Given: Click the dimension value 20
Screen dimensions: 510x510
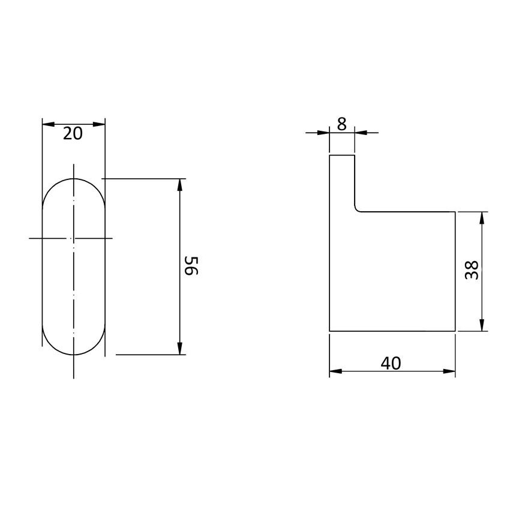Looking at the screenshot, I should (73, 134).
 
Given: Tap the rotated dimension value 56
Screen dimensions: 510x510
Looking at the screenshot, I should (191, 266).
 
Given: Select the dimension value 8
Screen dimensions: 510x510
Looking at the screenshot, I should (341, 124).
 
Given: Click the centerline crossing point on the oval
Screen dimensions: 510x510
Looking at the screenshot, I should (74, 239).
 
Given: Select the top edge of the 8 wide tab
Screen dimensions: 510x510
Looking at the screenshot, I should (342, 155).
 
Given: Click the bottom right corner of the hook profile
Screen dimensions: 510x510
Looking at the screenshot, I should (455, 331).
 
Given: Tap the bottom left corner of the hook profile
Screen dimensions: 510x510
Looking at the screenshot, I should (330, 331).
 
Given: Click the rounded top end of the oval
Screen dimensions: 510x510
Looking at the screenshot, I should (74, 179).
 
